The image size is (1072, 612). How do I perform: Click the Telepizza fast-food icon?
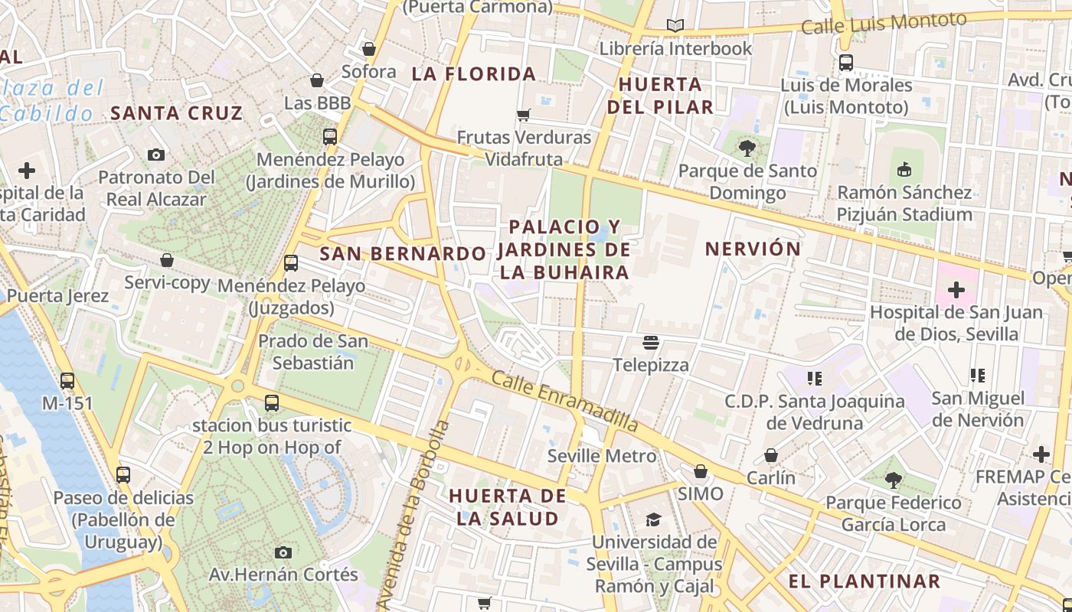(x=651, y=342)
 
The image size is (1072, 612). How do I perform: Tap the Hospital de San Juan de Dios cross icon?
(x=956, y=290)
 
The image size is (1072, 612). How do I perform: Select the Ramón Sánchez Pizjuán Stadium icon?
(x=904, y=169)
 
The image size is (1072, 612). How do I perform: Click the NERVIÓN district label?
(x=753, y=249)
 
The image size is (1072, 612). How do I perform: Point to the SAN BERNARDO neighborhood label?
(x=403, y=253)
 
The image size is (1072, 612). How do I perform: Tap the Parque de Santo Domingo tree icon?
(x=747, y=148)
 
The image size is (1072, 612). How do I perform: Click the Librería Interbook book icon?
(x=675, y=26)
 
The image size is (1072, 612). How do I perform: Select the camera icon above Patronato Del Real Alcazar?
(x=156, y=155)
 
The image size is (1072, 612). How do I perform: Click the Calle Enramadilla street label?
(x=564, y=400)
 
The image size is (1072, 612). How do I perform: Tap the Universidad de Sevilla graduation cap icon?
(x=653, y=519)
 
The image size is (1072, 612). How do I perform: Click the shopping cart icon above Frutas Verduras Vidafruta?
(x=524, y=115)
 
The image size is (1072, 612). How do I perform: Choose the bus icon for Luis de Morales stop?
(x=846, y=62)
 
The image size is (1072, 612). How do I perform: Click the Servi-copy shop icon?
(x=167, y=260)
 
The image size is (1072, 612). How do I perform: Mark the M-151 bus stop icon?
(x=67, y=380)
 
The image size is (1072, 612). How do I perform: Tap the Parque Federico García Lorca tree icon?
(x=893, y=480)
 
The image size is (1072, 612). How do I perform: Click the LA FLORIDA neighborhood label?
(x=473, y=74)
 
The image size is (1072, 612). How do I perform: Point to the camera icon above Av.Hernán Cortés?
(x=283, y=552)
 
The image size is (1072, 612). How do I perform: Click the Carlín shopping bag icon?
(x=771, y=455)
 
